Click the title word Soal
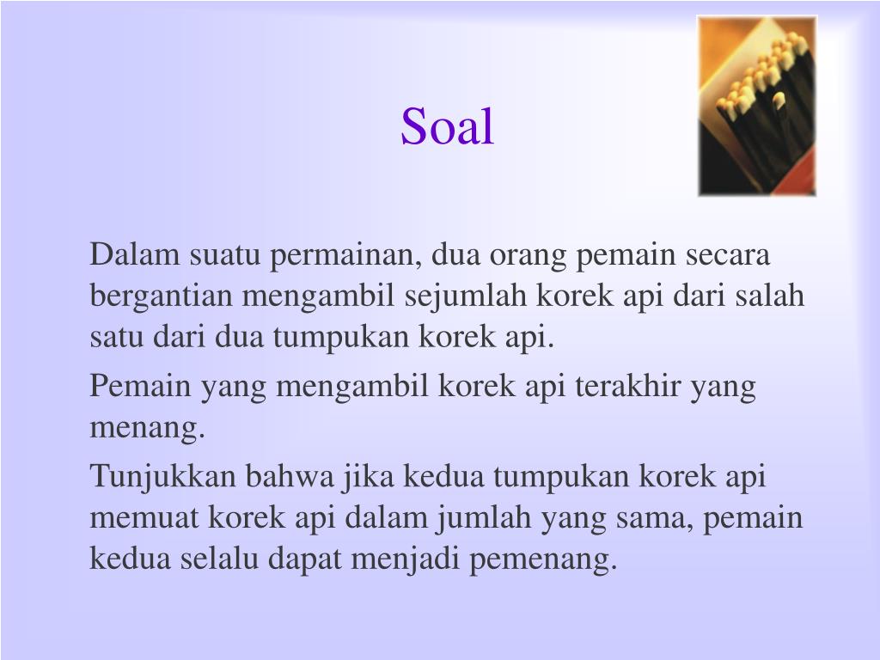(x=447, y=126)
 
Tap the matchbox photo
(x=756, y=106)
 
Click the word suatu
(x=222, y=255)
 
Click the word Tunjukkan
(x=163, y=476)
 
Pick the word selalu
(x=220, y=559)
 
